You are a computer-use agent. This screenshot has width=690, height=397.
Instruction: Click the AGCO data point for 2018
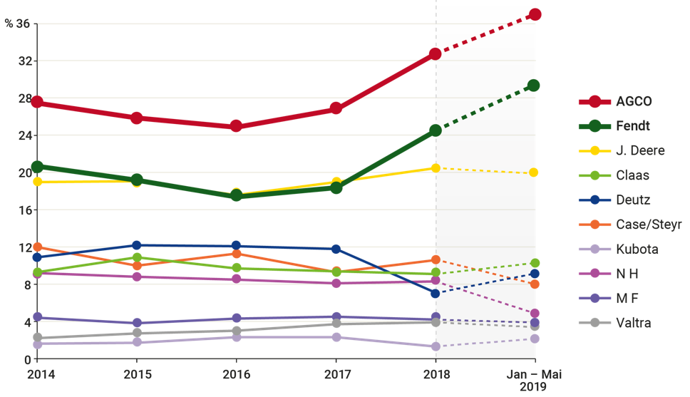pos(435,53)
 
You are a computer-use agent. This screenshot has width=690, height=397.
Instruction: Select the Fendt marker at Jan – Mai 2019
pos(534,86)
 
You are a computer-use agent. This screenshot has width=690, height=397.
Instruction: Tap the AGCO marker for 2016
pos(236,126)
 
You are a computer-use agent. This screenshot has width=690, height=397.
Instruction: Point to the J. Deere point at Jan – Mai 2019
pos(534,172)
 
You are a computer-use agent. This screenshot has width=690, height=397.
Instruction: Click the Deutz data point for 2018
pos(435,293)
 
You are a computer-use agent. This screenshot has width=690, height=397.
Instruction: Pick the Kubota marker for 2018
pos(435,346)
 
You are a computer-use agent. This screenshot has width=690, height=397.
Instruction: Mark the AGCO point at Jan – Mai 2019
pos(534,14)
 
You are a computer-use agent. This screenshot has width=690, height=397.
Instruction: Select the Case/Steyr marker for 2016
pos(236,253)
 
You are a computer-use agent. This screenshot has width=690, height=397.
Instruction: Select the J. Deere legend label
pos(639,150)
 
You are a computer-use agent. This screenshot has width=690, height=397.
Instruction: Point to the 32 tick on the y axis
pos(26,61)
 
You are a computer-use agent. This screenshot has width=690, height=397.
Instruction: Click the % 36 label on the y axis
pos(19,24)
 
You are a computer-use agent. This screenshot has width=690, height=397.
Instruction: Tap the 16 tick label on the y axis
pos(26,210)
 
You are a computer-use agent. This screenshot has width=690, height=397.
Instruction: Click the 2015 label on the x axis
pos(137,373)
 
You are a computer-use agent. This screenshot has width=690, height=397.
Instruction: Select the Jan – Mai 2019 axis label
pos(534,380)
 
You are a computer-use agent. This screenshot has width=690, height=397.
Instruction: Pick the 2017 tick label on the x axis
pos(335,373)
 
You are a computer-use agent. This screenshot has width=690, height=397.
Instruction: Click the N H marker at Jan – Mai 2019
pos(534,314)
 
